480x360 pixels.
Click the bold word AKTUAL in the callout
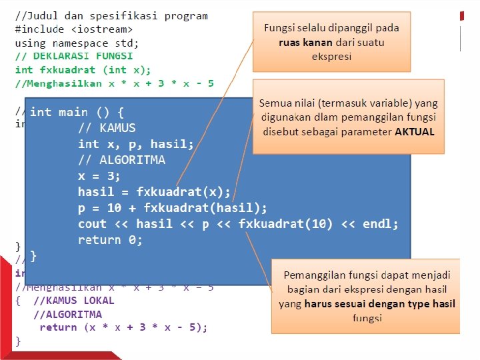[415, 132]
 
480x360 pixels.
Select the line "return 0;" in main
[110, 240]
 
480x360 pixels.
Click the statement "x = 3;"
[99, 176]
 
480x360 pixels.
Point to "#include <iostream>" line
[74, 29]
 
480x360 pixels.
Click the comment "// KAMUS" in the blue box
[107, 128]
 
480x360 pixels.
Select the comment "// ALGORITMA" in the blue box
[121, 160]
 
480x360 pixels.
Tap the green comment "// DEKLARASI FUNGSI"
[74, 56]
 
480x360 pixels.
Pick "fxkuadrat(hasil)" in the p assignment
[205, 208]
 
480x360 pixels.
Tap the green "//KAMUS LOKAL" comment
[74, 301]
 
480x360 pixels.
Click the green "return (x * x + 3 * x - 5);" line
[123, 327]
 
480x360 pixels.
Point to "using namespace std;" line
[77, 43]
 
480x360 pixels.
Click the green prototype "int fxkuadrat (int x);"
[83, 70]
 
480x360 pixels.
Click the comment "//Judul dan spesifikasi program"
[111, 16]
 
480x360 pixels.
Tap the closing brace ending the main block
[34, 256]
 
